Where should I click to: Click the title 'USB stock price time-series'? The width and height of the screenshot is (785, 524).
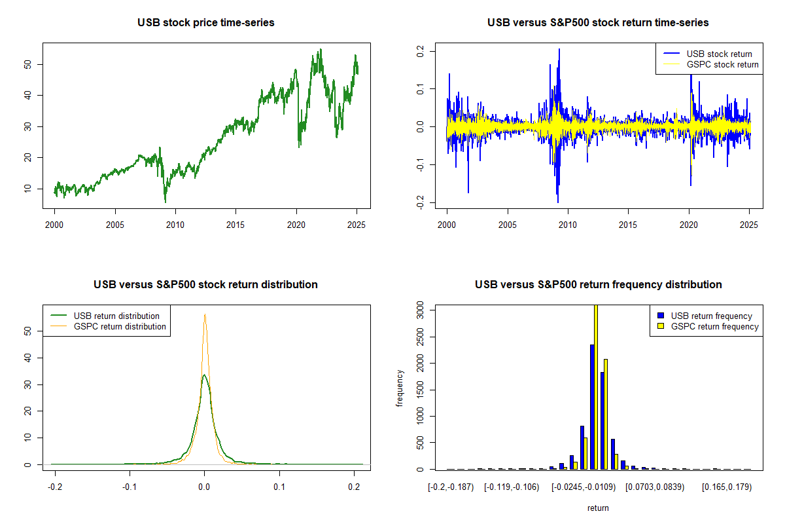click(205, 23)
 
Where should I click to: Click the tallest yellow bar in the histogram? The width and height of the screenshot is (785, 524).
click(596, 387)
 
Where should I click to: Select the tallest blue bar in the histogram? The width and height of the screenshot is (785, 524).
click(592, 407)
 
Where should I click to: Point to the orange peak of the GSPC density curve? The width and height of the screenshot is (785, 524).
click(205, 314)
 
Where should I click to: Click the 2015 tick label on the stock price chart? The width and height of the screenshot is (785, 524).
click(235, 225)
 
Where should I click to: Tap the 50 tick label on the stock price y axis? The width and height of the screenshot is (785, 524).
click(27, 64)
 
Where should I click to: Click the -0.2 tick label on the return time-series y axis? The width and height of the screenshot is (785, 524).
click(420, 202)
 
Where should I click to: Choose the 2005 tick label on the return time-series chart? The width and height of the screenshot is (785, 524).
click(508, 225)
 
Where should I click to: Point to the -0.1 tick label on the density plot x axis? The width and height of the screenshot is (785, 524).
click(130, 487)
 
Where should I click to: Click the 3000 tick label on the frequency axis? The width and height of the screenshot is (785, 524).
click(420, 310)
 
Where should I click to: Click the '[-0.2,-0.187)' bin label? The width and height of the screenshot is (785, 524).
click(451, 487)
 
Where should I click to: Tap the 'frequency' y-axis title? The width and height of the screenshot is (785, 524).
click(399, 388)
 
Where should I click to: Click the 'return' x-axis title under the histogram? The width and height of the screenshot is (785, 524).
click(598, 508)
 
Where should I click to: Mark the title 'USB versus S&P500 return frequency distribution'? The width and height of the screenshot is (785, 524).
click(598, 285)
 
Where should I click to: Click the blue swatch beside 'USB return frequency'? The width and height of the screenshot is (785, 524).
click(661, 316)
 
